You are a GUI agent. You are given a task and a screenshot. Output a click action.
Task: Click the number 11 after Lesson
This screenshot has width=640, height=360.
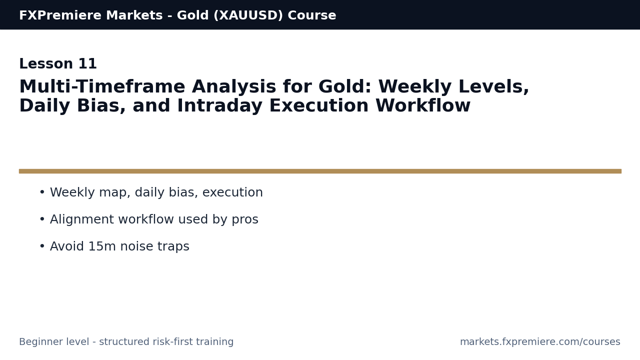click(87, 64)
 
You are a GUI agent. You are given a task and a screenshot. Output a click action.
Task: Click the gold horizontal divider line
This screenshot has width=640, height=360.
click(320, 171)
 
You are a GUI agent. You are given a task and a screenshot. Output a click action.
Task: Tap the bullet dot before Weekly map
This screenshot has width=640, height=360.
click(42, 193)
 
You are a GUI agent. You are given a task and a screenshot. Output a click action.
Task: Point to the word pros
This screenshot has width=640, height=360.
click(244, 220)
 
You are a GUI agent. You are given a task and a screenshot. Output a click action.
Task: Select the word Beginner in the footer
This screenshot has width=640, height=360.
click(40, 342)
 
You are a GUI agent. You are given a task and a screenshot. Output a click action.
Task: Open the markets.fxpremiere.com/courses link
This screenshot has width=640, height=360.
click(540, 342)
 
